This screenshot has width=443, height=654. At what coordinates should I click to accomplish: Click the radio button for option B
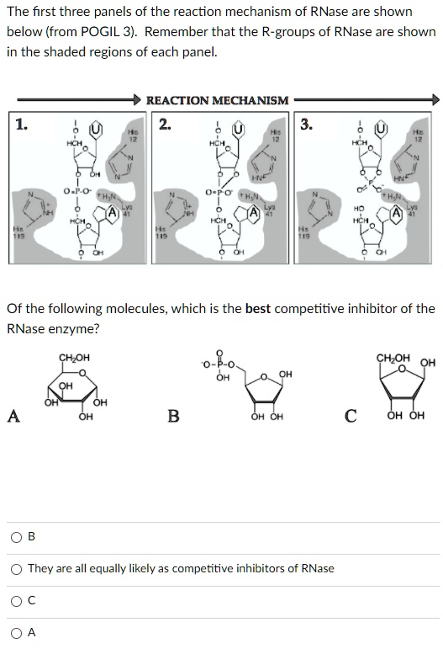[x=17, y=536]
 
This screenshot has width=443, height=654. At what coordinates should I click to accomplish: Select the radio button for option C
[x=17, y=600]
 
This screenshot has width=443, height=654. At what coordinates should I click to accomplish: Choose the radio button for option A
[x=17, y=633]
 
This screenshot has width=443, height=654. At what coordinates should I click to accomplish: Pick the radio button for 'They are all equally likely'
[x=17, y=568]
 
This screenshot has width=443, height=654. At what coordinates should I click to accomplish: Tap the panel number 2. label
[x=165, y=125]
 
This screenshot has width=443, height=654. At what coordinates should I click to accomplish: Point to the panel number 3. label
[x=308, y=125]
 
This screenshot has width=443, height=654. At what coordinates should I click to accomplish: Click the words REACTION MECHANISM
[x=217, y=100]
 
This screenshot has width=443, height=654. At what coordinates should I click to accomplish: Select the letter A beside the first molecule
[x=13, y=414]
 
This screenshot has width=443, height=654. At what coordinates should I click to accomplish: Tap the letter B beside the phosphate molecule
[x=173, y=415]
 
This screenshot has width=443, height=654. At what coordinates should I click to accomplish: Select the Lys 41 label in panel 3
[x=413, y=210]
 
